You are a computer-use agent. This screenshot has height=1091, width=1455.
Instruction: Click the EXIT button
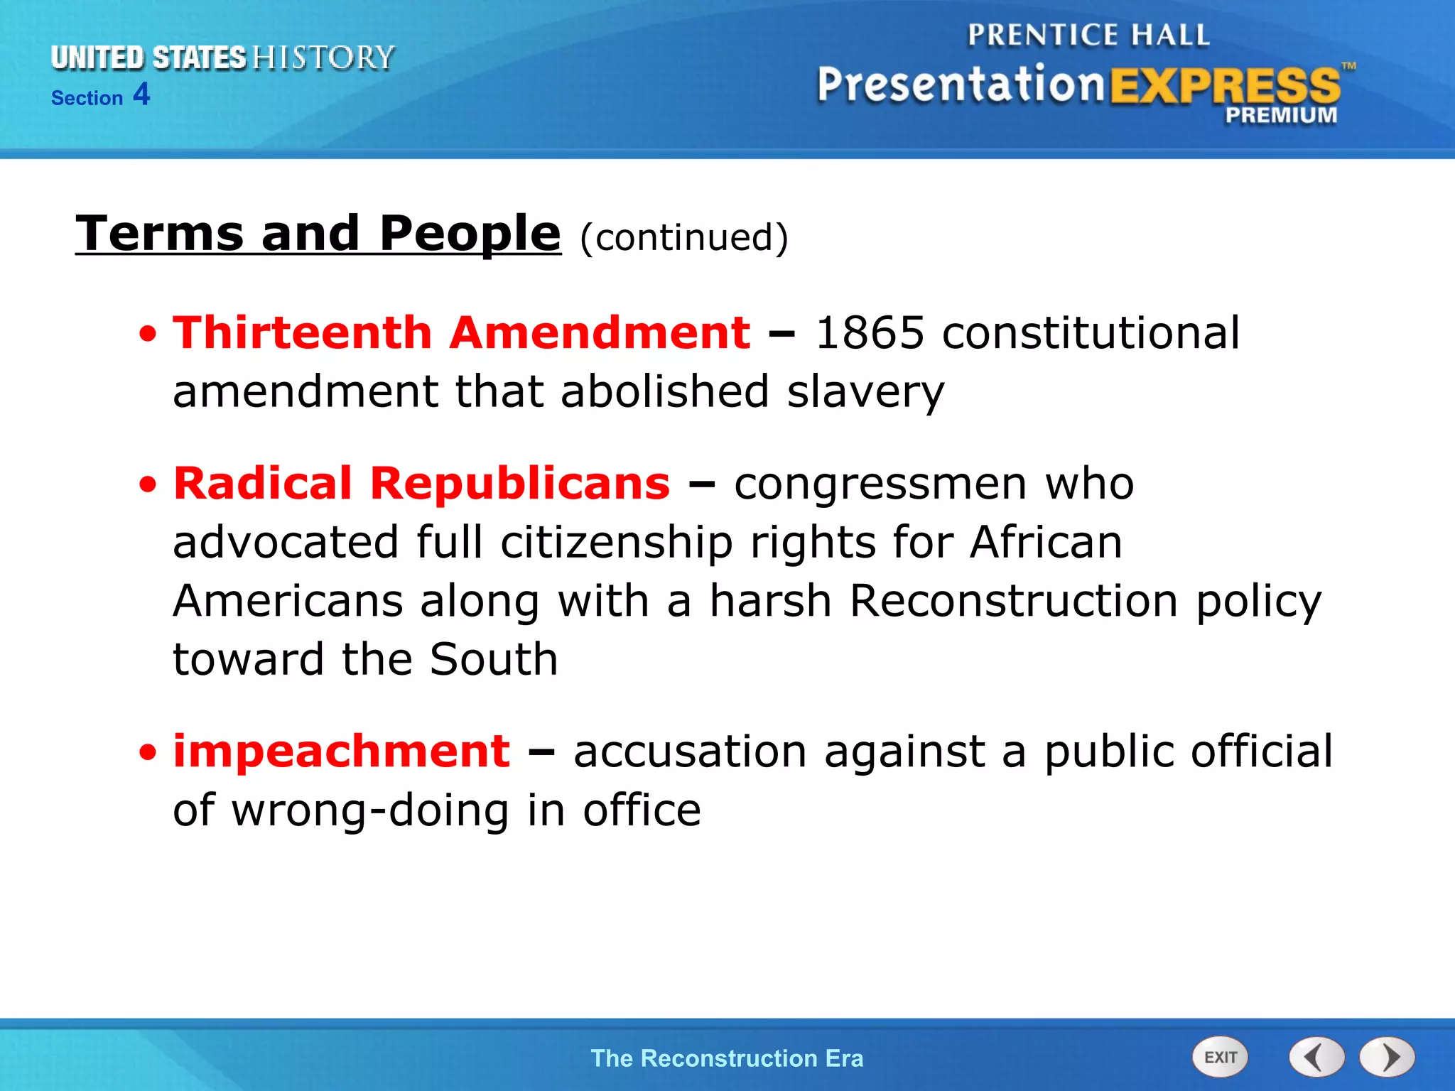(1219, 1058)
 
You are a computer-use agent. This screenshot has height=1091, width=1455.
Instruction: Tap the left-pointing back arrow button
(1316, 1058)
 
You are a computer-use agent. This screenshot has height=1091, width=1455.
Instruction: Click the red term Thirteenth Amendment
(461, 332)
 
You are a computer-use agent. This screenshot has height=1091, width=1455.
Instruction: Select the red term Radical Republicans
(422, 484)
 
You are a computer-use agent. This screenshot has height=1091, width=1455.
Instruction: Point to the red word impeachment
(342, 751)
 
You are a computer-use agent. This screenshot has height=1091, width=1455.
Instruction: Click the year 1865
(869, 332)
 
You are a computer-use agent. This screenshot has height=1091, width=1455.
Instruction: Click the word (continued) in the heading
(683, 237)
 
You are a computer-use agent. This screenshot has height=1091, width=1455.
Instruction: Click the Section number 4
(141, 94)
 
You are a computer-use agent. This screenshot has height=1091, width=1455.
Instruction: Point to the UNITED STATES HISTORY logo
(222, 58)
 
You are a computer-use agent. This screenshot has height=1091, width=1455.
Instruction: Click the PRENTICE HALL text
(1088, 35)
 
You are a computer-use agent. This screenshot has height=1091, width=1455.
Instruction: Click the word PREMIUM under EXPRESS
(1280, 115)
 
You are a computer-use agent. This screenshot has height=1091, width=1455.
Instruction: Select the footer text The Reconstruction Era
(727, 1058)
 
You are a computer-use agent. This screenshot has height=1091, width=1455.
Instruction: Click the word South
(494, 659)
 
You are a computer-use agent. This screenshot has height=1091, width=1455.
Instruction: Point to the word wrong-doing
(370, 810)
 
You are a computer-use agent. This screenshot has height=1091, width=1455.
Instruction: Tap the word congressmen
(880, 484)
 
